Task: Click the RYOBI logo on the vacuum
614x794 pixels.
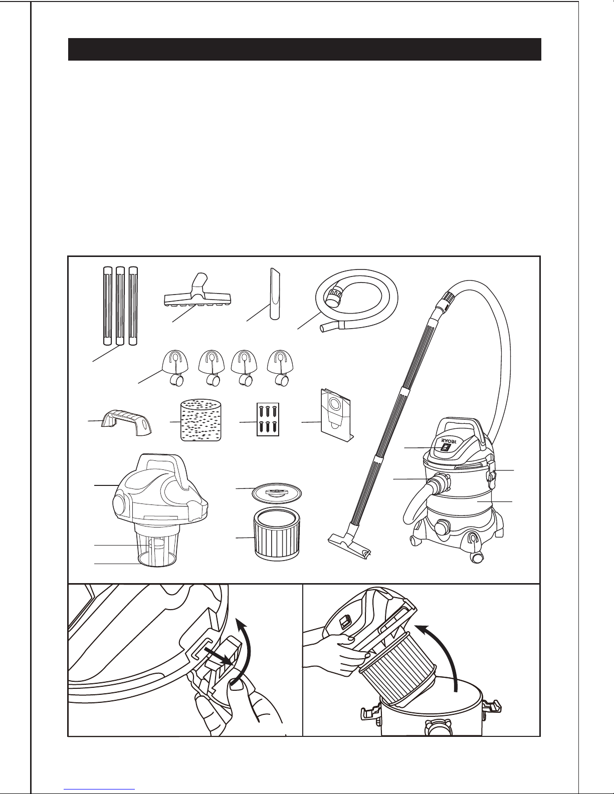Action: [x=449, y=442]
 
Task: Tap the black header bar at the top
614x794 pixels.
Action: [x=304, y=49]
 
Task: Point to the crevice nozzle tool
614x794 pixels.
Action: [x=275, y=294]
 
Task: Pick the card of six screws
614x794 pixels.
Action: [x=268, y=419]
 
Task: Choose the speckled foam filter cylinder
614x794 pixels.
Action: [x=201, y=420]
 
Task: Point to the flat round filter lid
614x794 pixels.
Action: [x=277, y=495]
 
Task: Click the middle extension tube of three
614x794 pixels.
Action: [x=120, y=306]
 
